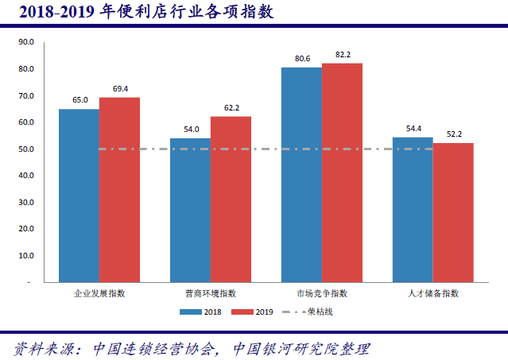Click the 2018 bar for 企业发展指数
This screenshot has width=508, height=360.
pos(79,195)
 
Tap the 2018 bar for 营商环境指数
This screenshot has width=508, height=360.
pos(190,210)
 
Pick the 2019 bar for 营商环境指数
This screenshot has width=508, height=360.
pos(231,199)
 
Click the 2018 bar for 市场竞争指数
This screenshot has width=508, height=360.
pos(301,174)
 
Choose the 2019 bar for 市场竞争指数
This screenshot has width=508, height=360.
pos(342,172)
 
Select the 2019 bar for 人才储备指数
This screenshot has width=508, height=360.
pos(453,212)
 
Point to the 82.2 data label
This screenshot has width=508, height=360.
pos(343,55)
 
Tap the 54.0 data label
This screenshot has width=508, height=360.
pos(191,130)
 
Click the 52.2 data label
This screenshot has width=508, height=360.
pos(454,134)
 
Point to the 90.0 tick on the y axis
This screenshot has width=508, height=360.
pos(25,42)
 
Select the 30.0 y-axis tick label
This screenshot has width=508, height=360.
pos(25,203)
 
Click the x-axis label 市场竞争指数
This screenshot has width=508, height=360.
pos(322,293)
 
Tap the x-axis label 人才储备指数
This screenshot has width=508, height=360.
pos(433,293)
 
